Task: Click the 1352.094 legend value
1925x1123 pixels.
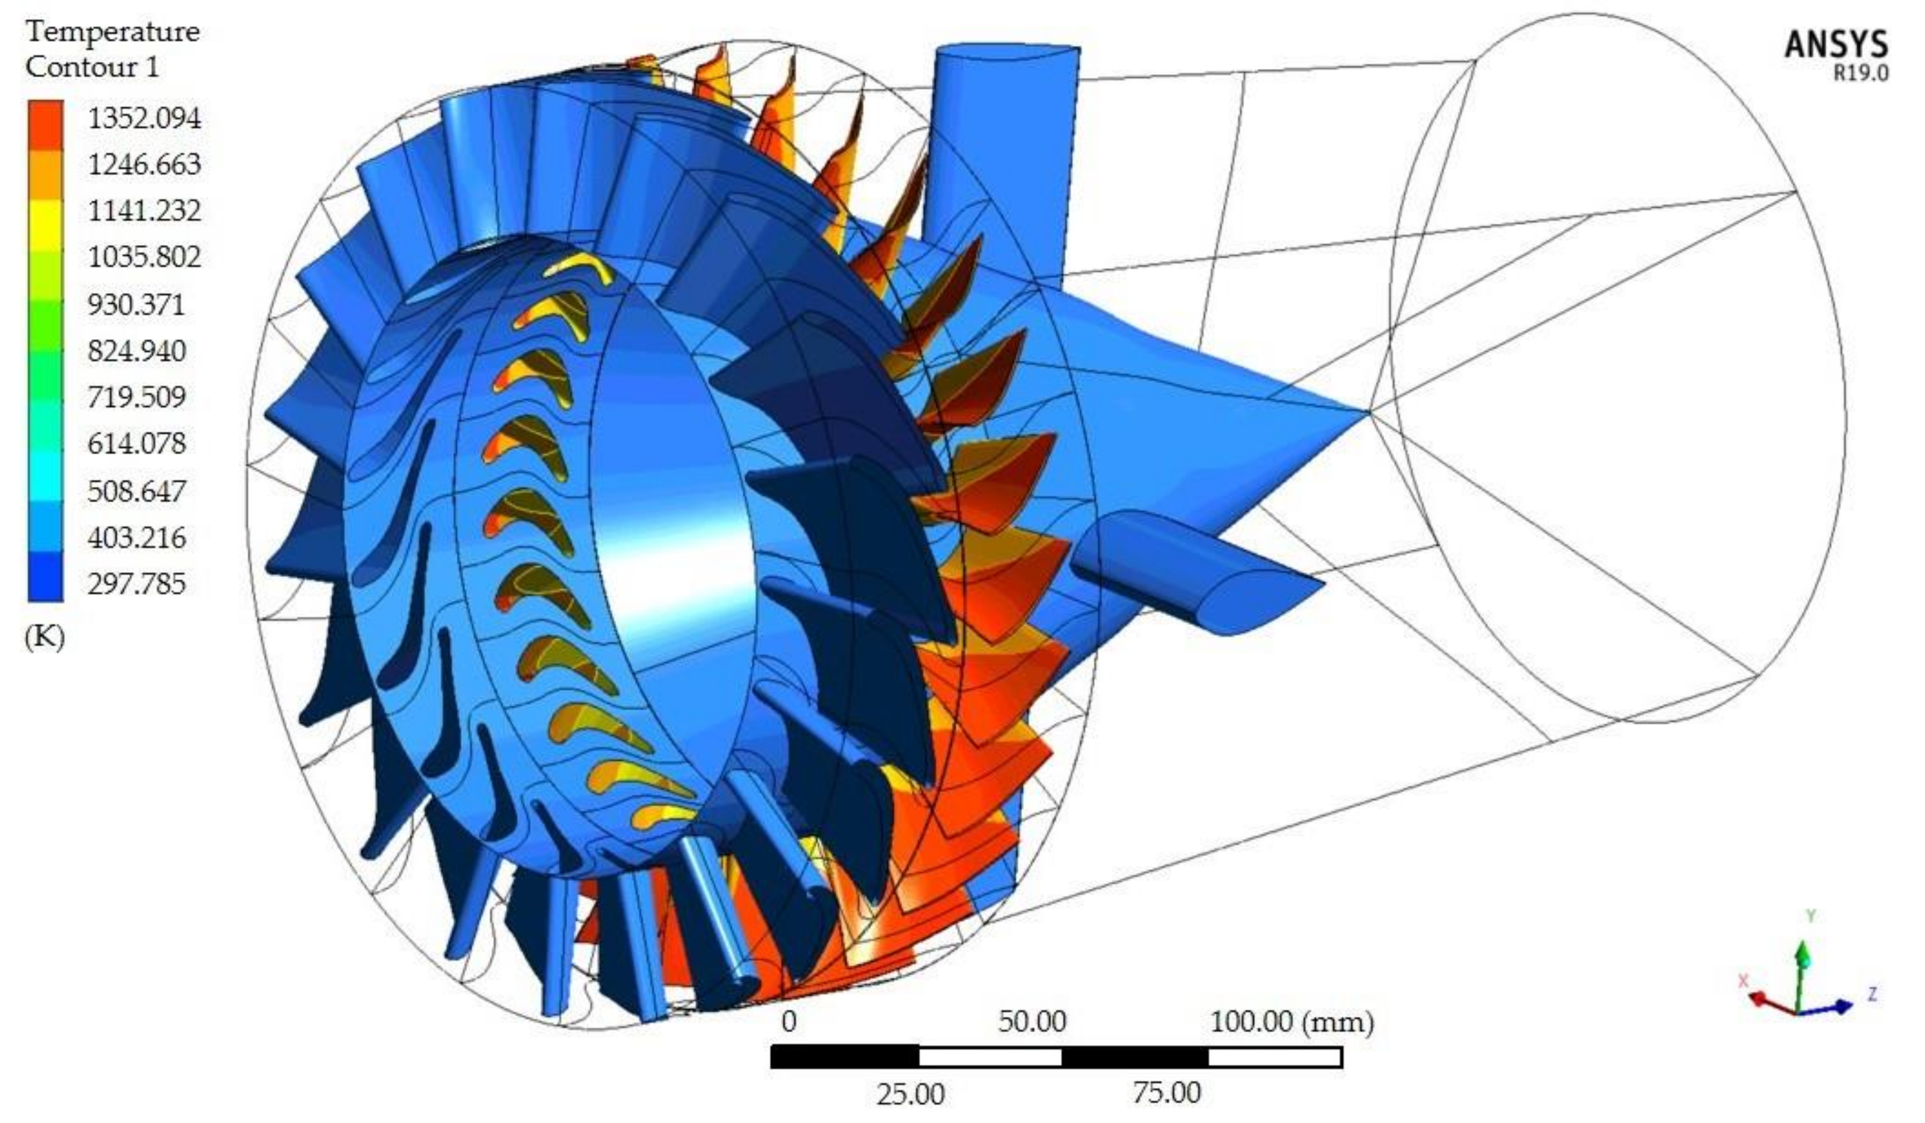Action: pyautogui.click(x=145, y=118)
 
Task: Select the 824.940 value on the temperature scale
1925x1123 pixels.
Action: pyautogui.click(x=137, y=351)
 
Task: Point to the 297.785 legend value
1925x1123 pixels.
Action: pyautogui.click(x=137, y=584)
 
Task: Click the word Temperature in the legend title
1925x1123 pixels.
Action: pyautogui.click(x=112, y=32)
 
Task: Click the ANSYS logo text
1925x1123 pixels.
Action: pyautogui.click(x=1835, y=44)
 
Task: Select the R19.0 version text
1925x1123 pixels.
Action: pyautogui.click(x=1861, y=73)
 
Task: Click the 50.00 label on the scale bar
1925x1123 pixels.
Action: pyautogui.click(x=1032, y=1022)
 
